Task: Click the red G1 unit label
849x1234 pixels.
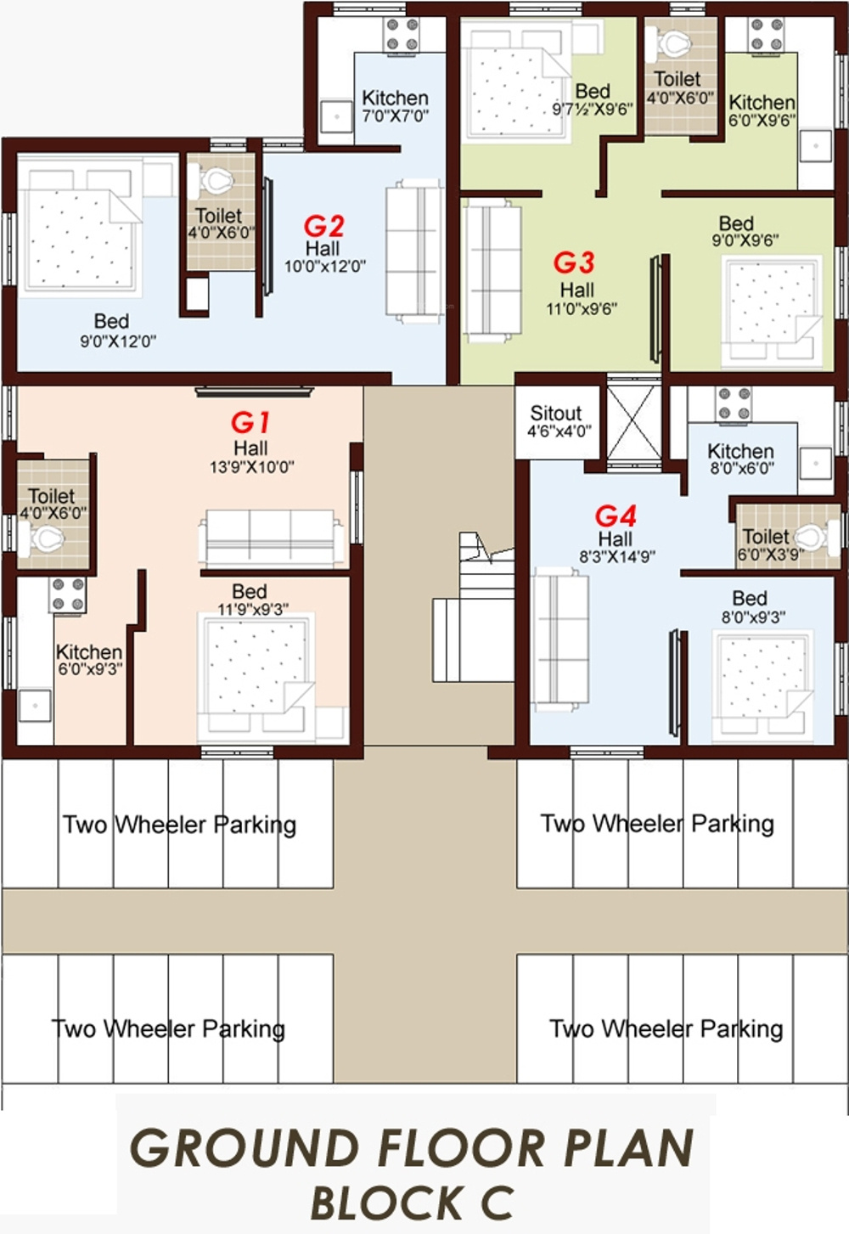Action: (250, 423)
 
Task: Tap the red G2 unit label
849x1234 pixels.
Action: (324, 226)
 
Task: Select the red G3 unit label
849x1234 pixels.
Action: (574, 262)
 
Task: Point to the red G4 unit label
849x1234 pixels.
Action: (616, 516)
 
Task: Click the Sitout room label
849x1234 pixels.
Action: (555, 413)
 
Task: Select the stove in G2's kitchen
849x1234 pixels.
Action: (402, 34)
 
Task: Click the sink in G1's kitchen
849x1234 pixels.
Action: (35, 705)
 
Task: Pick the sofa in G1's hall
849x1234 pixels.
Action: (271, 538)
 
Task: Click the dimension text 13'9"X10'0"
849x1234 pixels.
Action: (251, 467)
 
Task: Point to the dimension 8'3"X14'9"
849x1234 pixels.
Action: (617, 556)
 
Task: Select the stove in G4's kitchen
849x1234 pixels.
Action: (734, 403)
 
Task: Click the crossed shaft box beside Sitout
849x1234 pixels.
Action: (633, 421)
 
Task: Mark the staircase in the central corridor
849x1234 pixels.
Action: (473, 607)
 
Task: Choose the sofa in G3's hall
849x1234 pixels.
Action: (492, 270)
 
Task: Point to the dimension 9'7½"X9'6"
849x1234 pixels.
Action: (593, 109)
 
